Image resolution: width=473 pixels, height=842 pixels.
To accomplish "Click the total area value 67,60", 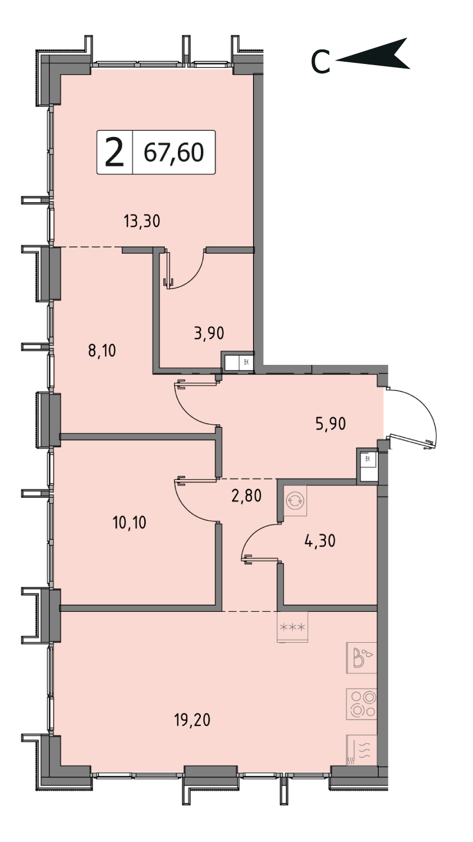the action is tap(174, 153).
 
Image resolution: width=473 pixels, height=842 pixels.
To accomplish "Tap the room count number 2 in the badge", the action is tap(114, 152).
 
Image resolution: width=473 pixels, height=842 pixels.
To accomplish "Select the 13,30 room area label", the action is tap(142, 221).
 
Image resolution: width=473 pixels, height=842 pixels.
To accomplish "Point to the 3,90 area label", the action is tap(209, 333).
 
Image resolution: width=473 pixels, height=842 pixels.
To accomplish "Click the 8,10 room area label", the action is tap(102, 351).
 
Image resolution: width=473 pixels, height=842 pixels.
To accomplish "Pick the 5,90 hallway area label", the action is tap(330, 424).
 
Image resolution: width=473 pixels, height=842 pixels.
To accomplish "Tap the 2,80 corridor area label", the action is tap(246, 496).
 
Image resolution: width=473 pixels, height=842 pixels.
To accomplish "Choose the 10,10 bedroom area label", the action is tap(129, 523).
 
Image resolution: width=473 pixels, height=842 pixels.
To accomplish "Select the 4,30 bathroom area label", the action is tap(320, 541).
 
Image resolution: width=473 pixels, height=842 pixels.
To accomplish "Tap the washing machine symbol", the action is tap(296, 500).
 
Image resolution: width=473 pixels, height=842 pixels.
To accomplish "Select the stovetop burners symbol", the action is tap(361, 704).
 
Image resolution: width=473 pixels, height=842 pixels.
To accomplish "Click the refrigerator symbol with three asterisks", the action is tap(292, 627).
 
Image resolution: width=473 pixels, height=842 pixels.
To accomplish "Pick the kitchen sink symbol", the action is tap(361, 658).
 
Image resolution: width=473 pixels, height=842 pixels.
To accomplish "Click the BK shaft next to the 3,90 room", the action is tap(238, 363).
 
